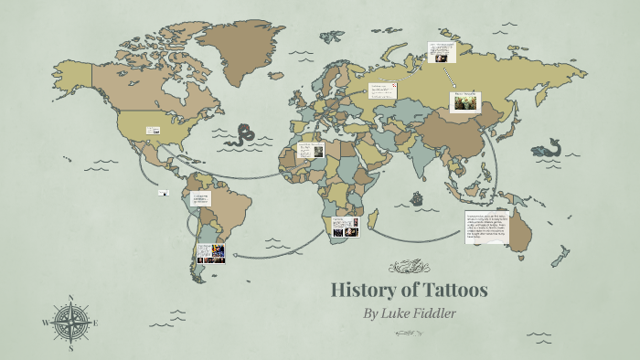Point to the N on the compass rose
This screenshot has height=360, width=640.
pyautogui.click(x=70, y=299)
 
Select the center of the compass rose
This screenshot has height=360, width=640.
pyautogui.click(x=70, y=323)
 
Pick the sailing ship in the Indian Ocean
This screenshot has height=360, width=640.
pyautogui.click(x=417, y=196)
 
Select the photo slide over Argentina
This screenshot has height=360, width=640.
pyautogui.click(x=209, y=253)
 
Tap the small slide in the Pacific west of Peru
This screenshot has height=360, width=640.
pyautogui.click(x=164, y=192)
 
